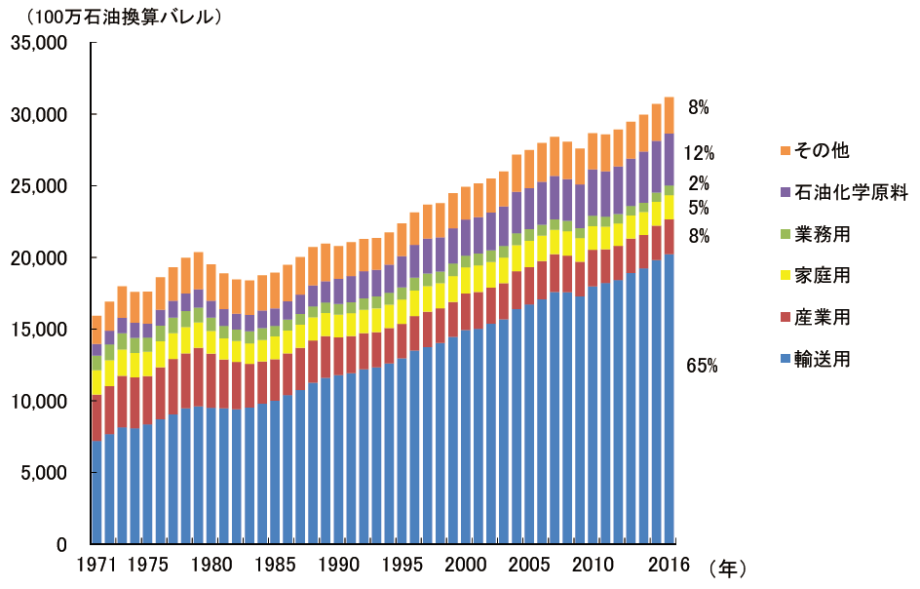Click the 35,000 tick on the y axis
(x=38, y=43)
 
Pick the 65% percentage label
(x=702, y=367)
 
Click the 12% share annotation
(x=700, y=153)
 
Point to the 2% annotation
(x=699, y=183)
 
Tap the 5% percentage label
(x=699, y=208)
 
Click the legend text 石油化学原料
(x=852, y=192)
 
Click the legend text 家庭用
(x=823, y=276)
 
